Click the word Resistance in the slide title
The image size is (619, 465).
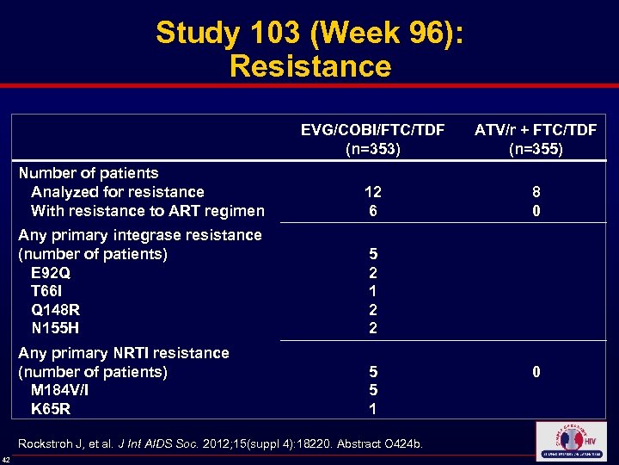(x=309, y=66)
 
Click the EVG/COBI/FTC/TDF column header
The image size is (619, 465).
(x=372, y=130)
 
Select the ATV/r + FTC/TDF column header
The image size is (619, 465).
(x=536, y=130)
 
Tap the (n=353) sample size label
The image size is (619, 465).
(x=372, y=149)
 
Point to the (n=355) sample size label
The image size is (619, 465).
(x=536, y=149)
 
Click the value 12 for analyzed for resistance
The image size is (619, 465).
(x=372, y=192)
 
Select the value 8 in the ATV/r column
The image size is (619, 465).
(x=536, y=192)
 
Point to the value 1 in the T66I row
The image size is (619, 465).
(x=372, y=291)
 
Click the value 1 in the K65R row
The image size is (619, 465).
(x=372, y=409)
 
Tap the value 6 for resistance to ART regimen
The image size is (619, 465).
(x=372, y=211)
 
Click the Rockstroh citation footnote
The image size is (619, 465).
(x=220, y=444)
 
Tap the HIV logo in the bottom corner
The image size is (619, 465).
(x=570, y=441)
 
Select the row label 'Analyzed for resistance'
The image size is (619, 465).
(x=117, y=192)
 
